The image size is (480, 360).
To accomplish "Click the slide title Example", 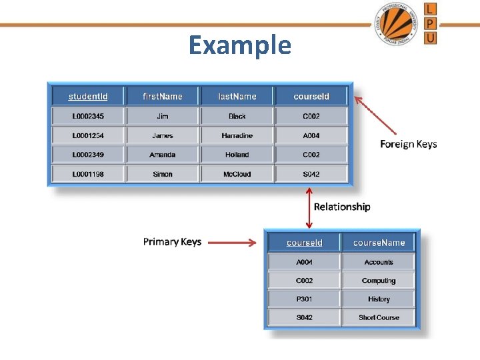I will click(240, 45).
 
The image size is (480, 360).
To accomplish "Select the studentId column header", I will click(88, 97).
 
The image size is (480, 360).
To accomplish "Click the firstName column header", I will click(162, 97).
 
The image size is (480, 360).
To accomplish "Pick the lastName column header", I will click(237, 97).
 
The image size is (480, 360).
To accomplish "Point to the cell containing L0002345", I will click(88, 116).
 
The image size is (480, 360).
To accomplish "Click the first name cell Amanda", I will click(162, 155).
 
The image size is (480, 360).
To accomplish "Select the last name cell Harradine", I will click(237, 135).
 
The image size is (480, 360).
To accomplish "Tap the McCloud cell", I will click(237, 174).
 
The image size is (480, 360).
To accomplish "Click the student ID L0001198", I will click(88, 174).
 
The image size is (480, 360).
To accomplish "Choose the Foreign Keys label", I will click(408, 144).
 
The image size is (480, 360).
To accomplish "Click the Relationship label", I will click(342, 207).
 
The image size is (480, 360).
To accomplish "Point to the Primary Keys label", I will click(172, 241).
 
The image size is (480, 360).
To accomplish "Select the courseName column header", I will click(379, 243).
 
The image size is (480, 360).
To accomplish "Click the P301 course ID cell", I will click(304, 299).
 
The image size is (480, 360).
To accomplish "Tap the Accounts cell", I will click(379, 262).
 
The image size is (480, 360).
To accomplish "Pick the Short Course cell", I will click(379, 317).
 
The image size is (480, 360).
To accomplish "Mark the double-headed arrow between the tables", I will click(309, 207).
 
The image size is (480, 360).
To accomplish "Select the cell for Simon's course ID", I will click(311, 174).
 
